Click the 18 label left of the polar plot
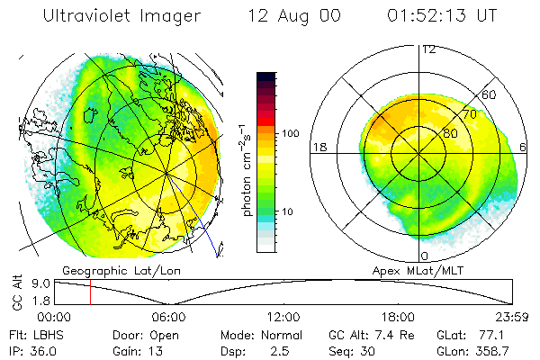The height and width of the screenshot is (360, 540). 318,147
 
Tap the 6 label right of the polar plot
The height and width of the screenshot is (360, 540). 524,147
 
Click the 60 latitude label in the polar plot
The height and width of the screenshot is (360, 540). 490,94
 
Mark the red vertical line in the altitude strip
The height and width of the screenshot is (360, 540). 90,292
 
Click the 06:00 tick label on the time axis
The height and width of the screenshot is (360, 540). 168,317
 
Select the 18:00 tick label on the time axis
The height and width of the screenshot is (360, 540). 398,317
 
